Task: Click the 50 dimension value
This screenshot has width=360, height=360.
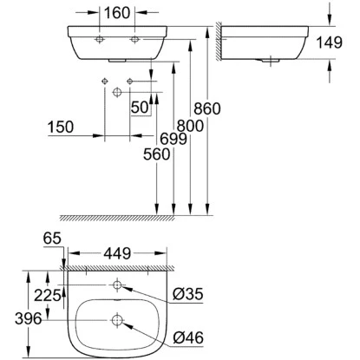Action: coord(138,107)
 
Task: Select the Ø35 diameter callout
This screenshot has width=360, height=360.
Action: coord(187,294)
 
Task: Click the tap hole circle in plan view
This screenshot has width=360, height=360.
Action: coord(117,286)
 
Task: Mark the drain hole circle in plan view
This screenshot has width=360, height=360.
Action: coord(117,321)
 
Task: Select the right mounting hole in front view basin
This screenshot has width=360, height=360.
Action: coord(134,40)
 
